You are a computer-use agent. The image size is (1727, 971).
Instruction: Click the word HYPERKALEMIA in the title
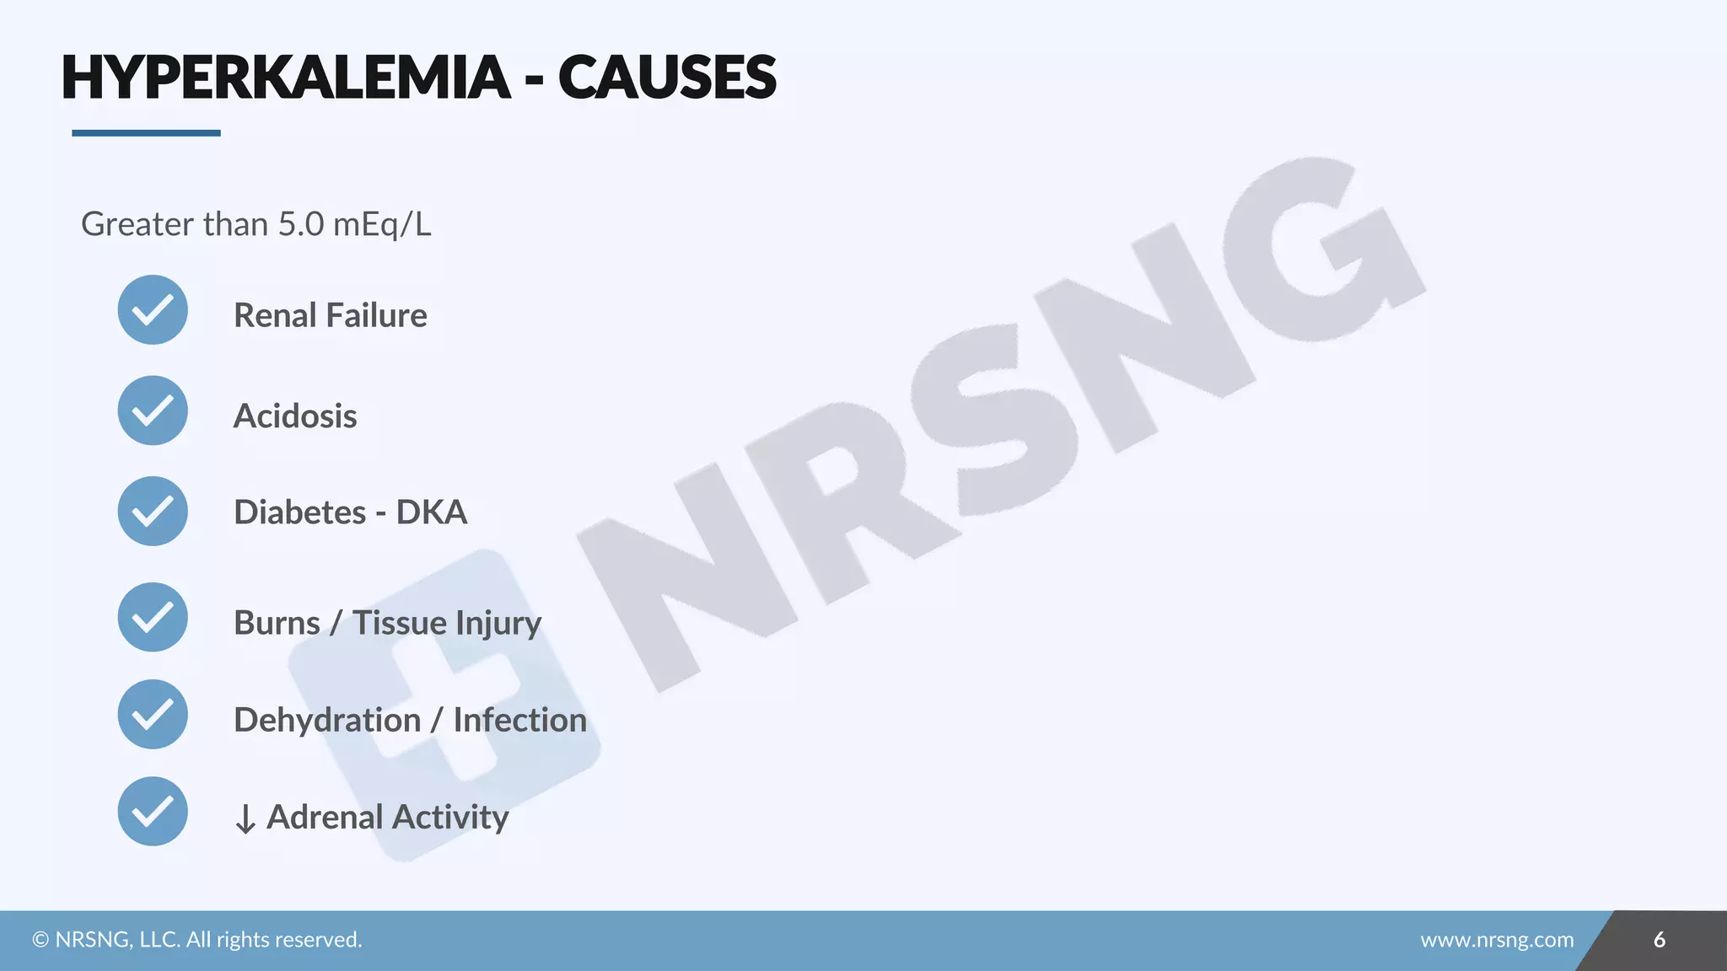click(x=286, y=78)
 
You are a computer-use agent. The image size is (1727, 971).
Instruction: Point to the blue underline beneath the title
click(x=146, y=133)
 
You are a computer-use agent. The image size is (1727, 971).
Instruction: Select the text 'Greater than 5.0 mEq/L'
click(x=256, y=224)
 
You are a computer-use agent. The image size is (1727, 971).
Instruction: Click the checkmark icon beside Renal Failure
click(x=153, y=310)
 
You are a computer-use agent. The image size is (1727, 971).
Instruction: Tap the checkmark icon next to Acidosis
click(x=153, y=410)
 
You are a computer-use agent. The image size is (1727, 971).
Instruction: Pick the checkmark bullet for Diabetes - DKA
click(x=153, y=511)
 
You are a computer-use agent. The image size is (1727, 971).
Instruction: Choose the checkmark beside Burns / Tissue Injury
click(x=153, y=617)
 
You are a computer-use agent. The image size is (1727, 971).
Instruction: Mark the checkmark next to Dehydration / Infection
click(x=153, y=714)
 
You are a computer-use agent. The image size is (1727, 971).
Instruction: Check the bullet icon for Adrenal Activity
click(x=153, y=811)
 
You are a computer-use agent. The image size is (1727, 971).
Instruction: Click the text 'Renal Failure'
click(x=330, y=315)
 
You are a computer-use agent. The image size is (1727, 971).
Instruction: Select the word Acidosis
click(x=295, y=416)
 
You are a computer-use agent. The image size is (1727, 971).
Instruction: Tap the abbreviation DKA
click(x=432, y=512)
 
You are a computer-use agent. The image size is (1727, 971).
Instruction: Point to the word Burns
click(x=277, y=623)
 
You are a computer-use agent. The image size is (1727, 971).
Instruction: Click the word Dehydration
click(x=327, y=720)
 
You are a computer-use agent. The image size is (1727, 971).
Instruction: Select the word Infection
click(x=519, y=720)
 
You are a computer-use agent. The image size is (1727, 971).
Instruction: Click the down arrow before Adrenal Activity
click(x=245, y=818)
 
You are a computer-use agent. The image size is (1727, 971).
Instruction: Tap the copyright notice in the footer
click(x=197, y=940)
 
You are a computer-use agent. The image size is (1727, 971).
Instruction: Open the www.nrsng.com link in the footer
click(x=1497, y=940)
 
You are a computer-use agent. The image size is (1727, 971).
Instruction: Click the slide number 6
click(x=1659, y=940)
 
